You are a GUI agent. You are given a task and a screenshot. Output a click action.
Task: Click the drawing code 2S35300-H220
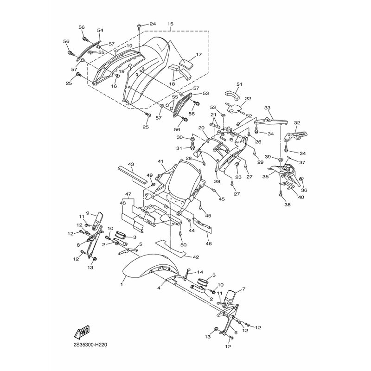(x=90, y=345)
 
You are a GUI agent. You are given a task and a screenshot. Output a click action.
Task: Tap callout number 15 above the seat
(x=170, y=24)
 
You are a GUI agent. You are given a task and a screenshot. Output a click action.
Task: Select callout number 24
(x=153, y=24)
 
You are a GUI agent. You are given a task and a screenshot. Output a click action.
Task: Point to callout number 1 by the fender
(x=122, y=284)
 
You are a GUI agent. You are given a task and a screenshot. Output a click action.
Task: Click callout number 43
(x=131, y=164)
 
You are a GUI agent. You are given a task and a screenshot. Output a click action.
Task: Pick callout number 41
(x=161, y=161)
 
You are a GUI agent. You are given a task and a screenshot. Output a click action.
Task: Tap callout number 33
(x=268, y=108)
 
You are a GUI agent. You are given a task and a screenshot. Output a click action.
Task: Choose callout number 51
(x=239, y=84)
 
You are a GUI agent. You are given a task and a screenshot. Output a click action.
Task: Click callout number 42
(x=196, y=257)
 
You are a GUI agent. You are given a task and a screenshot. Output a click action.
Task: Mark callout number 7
(x=244, y=289)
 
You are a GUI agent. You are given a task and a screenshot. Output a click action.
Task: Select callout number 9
(x=87, y=213)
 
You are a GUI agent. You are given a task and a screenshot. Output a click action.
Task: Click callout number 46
(x=209, y=244)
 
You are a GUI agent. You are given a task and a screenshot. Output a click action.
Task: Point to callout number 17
(x=199, y=55)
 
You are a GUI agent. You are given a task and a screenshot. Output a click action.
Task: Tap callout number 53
(x=205, y=94)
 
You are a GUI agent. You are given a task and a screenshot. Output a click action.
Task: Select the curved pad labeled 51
(x=232, y=94)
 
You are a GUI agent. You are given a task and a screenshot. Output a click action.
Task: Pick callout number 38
(x=287, y=205)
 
